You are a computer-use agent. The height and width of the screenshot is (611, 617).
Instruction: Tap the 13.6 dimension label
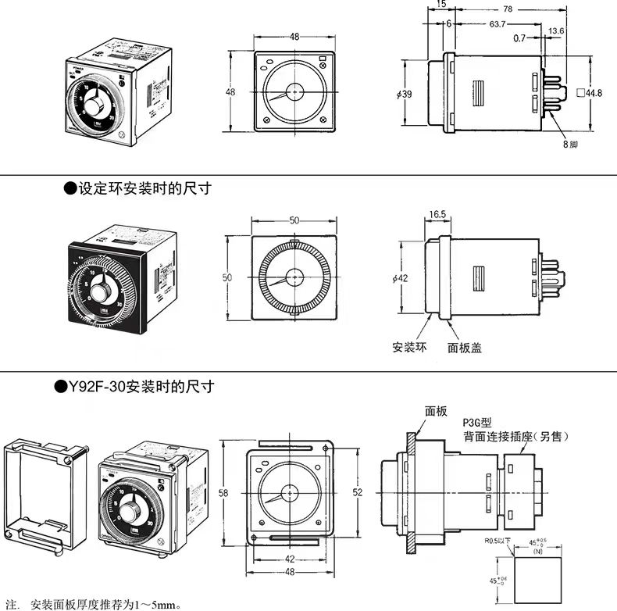point(557,30)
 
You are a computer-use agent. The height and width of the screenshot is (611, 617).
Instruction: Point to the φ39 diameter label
point(405,94)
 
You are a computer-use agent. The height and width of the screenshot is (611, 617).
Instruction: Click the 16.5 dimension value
point(437,213)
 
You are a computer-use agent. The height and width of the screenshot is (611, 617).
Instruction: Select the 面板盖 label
point(462,346)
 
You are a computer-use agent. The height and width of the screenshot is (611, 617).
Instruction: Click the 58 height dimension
point(224,493)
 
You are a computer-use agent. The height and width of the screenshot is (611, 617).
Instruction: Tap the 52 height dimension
point(358,492)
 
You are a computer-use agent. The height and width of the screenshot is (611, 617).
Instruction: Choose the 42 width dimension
point(290,559)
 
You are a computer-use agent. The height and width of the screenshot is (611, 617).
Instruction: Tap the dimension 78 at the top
point(508,9)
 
